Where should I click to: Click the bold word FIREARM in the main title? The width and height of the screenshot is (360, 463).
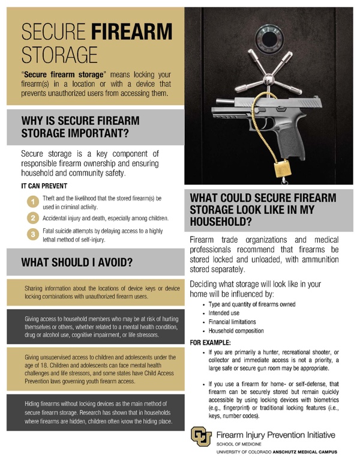131,32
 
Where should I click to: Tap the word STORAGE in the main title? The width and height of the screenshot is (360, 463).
59,55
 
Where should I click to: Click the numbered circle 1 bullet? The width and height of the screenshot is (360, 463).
33,202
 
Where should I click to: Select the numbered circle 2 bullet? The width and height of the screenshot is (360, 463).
33,218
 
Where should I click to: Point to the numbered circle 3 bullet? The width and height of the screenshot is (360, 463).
33,234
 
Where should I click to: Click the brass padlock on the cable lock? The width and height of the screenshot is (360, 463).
283,169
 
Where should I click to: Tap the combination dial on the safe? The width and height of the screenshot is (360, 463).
269,38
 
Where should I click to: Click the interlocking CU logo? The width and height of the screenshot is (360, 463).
201,437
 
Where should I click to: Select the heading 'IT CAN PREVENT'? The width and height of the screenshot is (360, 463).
44,186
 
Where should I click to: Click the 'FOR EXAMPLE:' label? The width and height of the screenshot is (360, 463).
210,343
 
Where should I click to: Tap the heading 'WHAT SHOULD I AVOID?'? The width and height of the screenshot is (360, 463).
77,262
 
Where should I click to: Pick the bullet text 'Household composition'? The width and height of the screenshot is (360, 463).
236,331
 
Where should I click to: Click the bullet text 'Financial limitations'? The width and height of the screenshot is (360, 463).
232,322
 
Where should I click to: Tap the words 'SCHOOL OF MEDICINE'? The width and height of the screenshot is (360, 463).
239,444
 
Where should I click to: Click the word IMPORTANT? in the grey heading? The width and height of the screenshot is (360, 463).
98,133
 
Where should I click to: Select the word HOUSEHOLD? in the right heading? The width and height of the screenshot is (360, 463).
221,222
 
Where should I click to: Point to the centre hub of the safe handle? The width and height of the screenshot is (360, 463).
268,79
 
